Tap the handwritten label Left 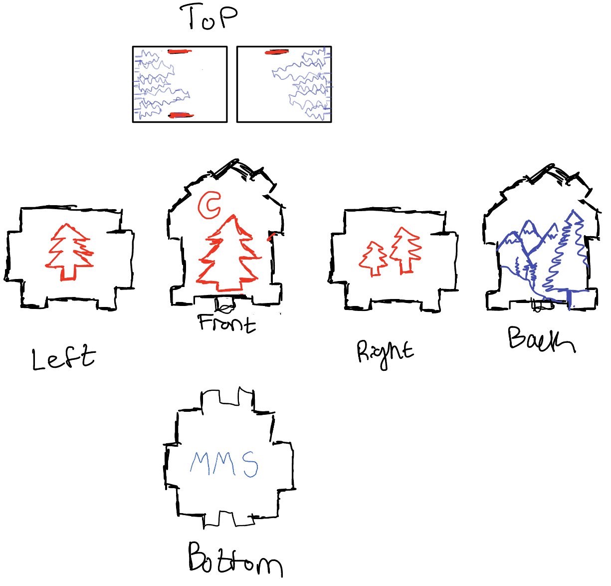(63, 358)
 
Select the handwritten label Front (227, 323)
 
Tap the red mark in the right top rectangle (277, 51)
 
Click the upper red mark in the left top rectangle (180, 51)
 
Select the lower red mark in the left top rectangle (180, 115)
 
